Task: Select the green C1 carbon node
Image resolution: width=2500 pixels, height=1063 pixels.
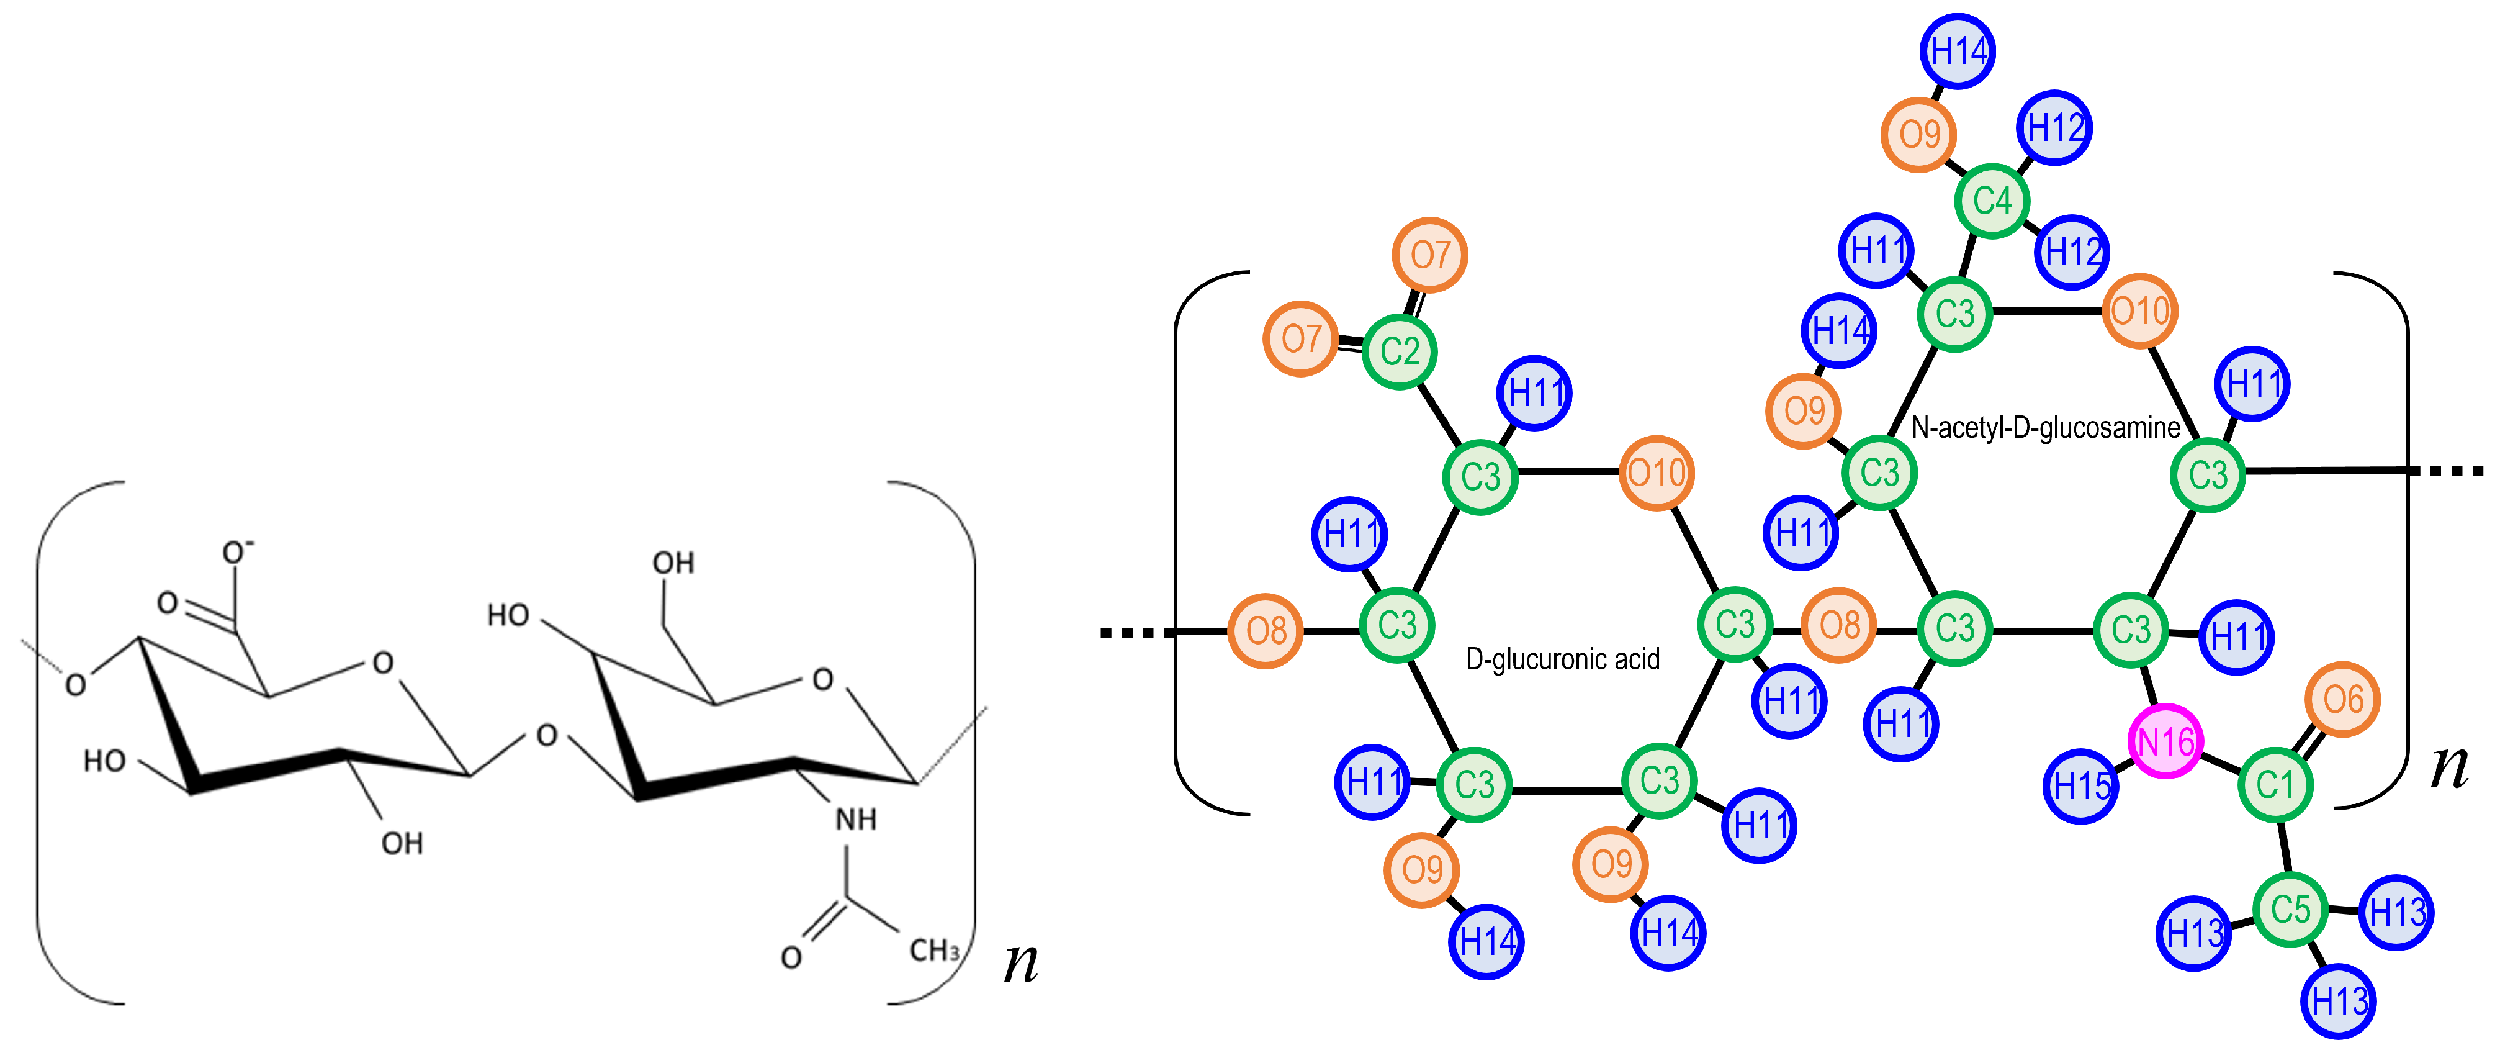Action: (x=2275, y=784)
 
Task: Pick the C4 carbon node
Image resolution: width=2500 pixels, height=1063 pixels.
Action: (x=1992, y=201)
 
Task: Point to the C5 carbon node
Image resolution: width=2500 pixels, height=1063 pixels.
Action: (x=2290, y=910)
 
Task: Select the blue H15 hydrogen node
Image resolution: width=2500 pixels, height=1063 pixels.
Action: (x=2080, y=785)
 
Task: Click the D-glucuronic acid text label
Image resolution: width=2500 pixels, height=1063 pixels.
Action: (x=1563, y=659)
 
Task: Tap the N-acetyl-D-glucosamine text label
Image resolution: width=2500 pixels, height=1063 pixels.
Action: (x=2046, y=427)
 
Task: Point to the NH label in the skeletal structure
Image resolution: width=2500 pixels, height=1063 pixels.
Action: (x=855, y=820)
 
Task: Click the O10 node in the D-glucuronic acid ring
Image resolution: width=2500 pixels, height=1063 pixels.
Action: (x=1656, y=473)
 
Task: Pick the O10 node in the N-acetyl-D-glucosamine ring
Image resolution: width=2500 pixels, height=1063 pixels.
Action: (x=2139, y=310)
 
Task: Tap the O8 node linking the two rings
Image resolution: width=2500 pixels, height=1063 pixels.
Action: (x=1839, y=625)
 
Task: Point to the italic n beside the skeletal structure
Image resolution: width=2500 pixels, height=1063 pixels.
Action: (x=1020, y=961)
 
